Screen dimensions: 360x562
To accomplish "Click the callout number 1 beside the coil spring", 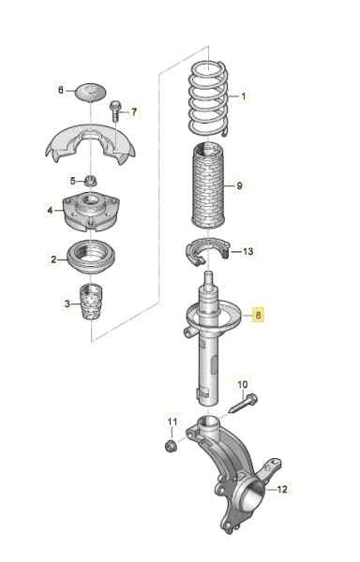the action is (244, 96).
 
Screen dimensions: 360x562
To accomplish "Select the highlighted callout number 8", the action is (258, 315).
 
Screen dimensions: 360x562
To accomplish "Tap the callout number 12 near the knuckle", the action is (282, 489).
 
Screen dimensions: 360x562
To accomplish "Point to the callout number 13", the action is (247, 251).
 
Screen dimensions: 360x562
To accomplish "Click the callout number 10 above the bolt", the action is (243, 385).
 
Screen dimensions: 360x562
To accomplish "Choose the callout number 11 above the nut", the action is (172, 421).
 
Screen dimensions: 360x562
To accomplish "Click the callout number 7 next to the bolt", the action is (134, 112).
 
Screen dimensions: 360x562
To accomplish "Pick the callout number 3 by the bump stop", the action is (67, 304).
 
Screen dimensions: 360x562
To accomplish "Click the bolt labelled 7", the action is (115, 111).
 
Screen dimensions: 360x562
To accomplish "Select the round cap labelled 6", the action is (91, 92).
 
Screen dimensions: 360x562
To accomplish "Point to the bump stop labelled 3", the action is (90, 303).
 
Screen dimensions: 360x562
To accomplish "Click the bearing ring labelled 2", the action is (92, 259).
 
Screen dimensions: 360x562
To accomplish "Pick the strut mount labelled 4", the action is (91, 212).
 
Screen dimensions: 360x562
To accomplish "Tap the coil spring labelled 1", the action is (209, 98).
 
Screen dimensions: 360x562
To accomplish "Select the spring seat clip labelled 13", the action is (207, 251).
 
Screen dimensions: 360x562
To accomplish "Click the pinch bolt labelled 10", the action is (244, 404).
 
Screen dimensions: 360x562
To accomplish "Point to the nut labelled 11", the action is (170, 446).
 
